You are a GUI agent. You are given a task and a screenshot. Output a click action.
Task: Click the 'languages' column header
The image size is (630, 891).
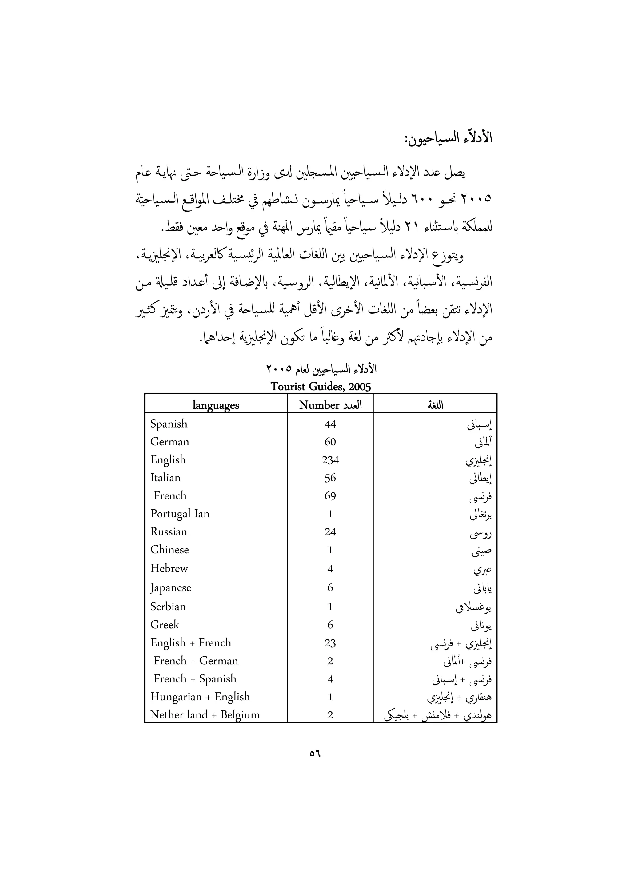tap(216, 405)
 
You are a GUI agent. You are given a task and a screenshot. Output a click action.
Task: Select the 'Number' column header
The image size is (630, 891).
tap(319, 405)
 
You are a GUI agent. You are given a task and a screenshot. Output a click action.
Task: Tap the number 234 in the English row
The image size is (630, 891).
tap(330, 460)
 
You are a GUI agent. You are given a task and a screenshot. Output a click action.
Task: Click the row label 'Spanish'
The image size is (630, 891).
tap(169, 424)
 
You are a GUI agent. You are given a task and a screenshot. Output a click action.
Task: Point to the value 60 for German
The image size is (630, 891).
tap(330, 442)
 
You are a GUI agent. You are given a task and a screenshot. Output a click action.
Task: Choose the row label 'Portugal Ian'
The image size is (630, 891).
tap(180, 514)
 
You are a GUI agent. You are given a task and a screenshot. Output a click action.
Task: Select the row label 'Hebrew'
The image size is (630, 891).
tap(169, 568)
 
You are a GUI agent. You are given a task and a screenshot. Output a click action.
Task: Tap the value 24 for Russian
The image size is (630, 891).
tap(330, 532)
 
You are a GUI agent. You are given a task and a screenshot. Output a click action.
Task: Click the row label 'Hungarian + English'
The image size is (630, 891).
tap(200, 697)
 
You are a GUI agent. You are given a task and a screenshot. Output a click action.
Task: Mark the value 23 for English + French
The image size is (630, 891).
tap(330, 643)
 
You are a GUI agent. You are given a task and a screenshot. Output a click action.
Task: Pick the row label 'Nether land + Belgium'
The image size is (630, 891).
tap(205, 715)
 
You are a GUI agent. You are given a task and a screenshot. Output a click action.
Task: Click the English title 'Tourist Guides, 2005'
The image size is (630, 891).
tap(321, 387)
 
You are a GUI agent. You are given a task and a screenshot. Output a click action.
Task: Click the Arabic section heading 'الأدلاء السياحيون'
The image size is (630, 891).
tap(448, 138)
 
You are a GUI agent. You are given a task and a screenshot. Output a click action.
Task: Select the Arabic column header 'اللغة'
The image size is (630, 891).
tap(435, 405)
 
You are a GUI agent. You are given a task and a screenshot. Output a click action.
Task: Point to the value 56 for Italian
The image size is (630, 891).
tap(330, 478)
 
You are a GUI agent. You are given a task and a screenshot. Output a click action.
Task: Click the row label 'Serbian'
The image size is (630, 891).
tap(168, 607)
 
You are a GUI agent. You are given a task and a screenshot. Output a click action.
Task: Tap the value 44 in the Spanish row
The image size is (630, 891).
tap(330, 424)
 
